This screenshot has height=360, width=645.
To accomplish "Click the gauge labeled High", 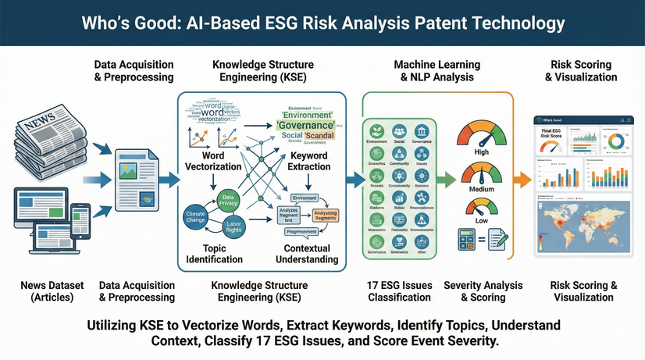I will pos(481,134).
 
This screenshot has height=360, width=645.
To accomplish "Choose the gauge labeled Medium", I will pos(481,175).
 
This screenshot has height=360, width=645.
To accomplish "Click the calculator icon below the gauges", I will pos(471,241).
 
